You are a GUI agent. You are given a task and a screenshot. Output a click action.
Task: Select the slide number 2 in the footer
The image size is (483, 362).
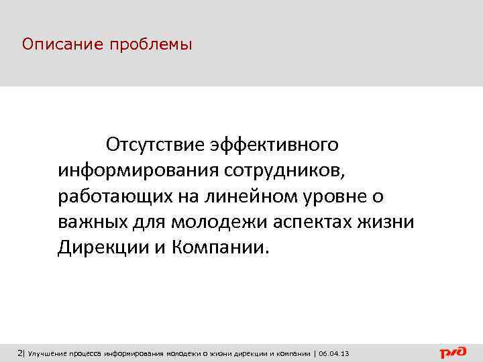19,353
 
